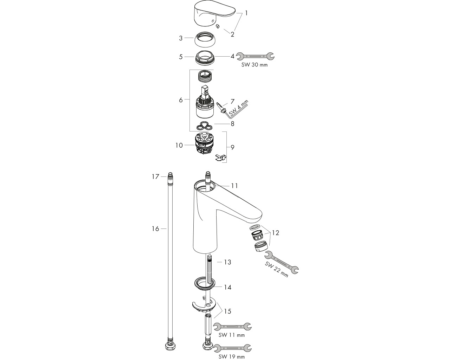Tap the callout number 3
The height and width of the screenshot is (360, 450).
[x=181, y=38]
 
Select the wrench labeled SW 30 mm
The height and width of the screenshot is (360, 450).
[x=255, y=56]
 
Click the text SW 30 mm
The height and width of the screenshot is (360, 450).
[x=255, y=65]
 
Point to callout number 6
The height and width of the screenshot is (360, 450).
[x=181, y=100]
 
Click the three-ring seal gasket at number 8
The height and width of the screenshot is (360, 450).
[x=205, y=126]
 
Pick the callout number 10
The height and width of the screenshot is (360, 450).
[x=179, y=146]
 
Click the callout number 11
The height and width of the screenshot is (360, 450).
[x=234, y=186]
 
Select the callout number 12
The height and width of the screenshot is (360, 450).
[x=275, y=233]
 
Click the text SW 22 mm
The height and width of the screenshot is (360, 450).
[x=276, y=270]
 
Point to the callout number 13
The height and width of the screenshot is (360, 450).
[x=227, y=262]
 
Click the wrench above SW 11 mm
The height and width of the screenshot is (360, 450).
[x=232, y=327]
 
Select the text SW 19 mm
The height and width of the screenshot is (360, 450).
[x=231, y=357]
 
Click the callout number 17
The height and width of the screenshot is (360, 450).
[x=155, y=177]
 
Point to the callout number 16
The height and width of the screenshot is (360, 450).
[x=155, y=229]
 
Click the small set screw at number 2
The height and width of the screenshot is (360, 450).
[x=218, y=26]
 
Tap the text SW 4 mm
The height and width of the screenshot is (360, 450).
[x=239, y=108]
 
